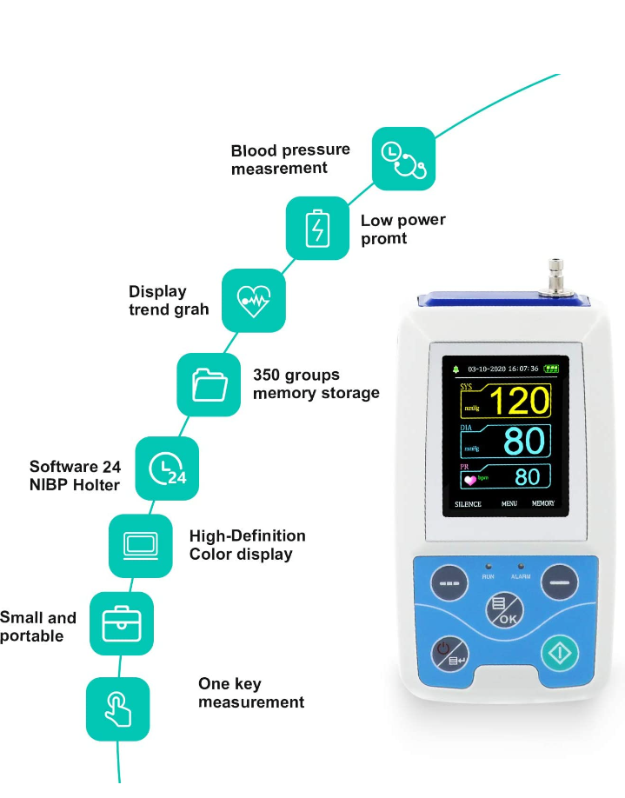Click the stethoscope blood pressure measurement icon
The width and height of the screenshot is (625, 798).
tap(403, 158)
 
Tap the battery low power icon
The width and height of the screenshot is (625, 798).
tap(317, 228)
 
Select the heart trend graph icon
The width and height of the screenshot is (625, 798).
tap(254, 300)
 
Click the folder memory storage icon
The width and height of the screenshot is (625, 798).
tap(209, 382)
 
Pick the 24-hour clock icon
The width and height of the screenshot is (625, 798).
tap(167, 469)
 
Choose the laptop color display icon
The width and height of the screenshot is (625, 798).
tap(140, 546)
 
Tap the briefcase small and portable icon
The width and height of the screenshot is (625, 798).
tap(121, 623)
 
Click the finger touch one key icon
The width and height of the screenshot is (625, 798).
tap(117, 708)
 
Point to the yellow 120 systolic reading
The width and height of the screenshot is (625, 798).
tap(518, 402)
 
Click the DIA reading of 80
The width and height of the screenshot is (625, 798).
tap(523, 442)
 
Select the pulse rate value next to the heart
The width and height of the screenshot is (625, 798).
tap(527, 476)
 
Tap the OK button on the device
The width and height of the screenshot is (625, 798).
tap(503, 611)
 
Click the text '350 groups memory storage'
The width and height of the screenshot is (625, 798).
tap(316, 383)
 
